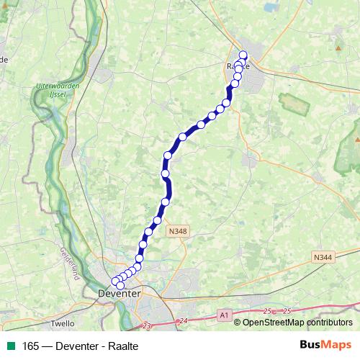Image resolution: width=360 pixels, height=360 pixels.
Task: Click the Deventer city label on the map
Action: [x=119, y=294]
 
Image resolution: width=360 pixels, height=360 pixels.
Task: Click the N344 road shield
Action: [x=323, y=257]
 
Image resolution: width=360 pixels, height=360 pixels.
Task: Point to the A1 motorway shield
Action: [x=224, y=315]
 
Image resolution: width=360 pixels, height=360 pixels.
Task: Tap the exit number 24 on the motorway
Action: [x=184, y=320]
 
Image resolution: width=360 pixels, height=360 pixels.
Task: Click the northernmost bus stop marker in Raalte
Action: [x=243, y=55]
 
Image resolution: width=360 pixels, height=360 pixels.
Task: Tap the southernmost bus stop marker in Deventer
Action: [x=120, y=287]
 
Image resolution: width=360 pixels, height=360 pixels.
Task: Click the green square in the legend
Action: [x=8, y=346]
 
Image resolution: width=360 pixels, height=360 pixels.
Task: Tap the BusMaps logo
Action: [x=325, y=346]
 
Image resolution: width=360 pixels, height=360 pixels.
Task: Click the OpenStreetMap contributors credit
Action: [x=300, y=323]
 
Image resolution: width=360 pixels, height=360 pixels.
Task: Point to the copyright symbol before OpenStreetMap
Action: [x=237, y=323]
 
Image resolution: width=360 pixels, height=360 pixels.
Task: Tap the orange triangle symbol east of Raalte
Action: [x=338, y=48]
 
